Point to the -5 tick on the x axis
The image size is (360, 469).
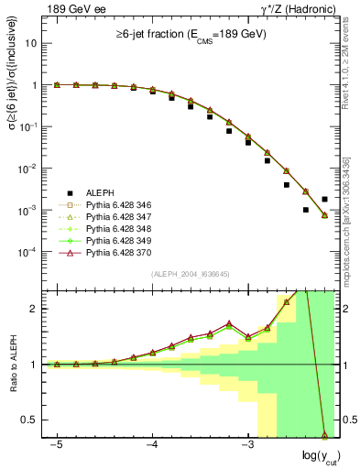pyautogui.click(x=57, y=444)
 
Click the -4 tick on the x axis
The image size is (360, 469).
pyautogui.click(x=152, y=444)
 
